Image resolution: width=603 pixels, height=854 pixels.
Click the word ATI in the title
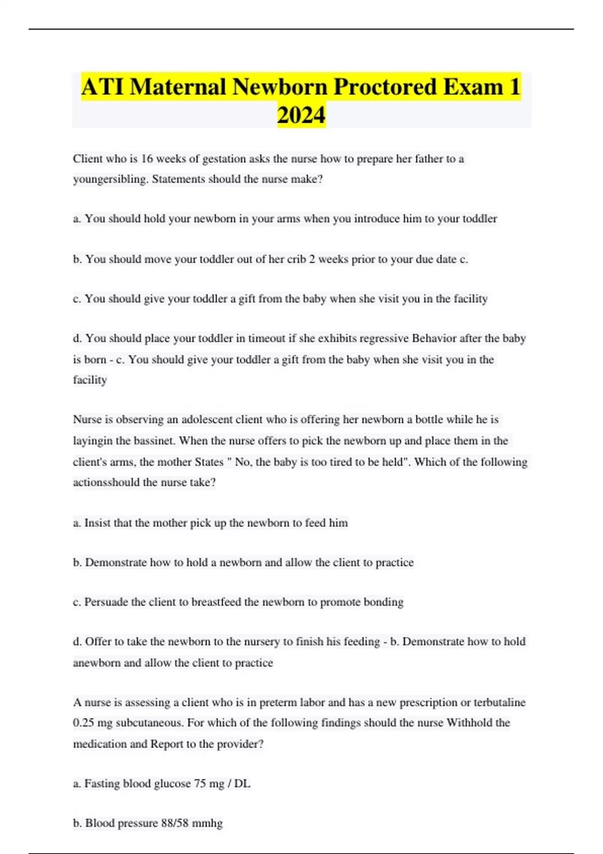click(x=103, y=87)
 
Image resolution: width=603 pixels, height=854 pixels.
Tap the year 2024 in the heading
click(x=301, y=115)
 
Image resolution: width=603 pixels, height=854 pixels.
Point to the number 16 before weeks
click(x=147, y=159)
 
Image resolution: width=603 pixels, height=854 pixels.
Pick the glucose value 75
click(x=200, y=784)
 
